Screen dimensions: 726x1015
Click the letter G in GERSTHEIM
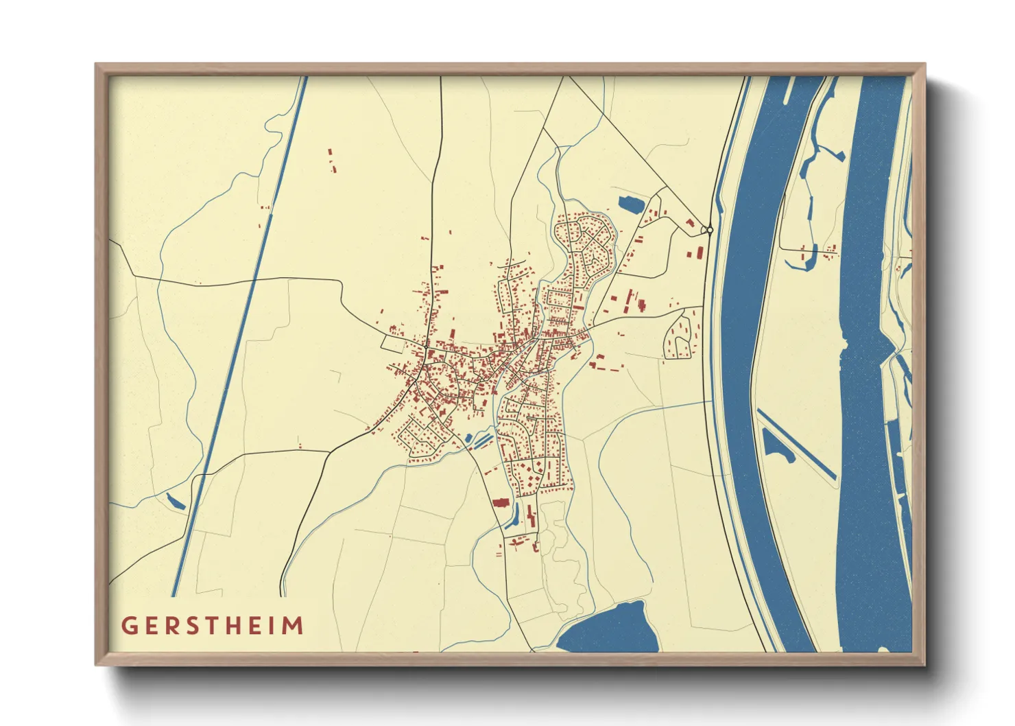pyautogui.click(x=128, y=626)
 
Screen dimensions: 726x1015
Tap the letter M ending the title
pyautogui.click(x=294, y=626)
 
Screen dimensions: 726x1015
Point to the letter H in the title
pyautogui.click(x=236, y=626)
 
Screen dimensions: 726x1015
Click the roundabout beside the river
pyautogui.click(x=708, y=230)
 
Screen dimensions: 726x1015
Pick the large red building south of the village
pyautogui.click(x=500, y=503)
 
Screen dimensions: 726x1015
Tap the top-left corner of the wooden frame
pyautogui.click(x=97, y=65)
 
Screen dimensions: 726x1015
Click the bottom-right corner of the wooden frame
pyautogui.click(x=924, y=664)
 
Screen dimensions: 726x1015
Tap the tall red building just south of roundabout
pyautogui.click(x=699, y=253)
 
